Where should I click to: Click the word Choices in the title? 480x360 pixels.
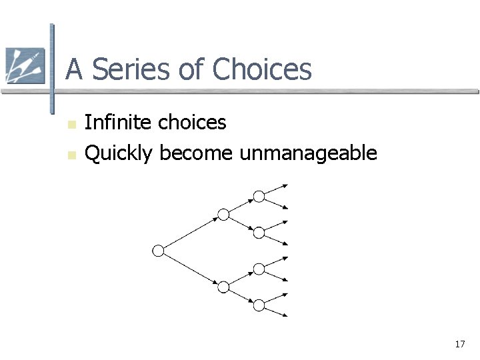(263, 69)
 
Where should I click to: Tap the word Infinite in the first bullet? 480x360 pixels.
(110, 123)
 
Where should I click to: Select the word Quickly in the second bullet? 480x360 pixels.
(120, 154)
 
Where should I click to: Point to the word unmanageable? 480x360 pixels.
(308, 154)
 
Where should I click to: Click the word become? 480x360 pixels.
(196, 154)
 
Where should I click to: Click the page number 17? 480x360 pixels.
(459, 344)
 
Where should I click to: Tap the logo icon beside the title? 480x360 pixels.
(25, 66)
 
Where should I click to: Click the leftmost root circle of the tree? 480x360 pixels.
(158, 251)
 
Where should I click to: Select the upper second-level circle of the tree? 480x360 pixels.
(224, 215)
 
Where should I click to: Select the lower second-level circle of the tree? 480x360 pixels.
(224, 287)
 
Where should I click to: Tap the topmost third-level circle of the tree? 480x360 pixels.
(259, 196)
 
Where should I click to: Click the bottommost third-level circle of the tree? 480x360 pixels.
(259, 305)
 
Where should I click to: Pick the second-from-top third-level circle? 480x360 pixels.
(259, 232)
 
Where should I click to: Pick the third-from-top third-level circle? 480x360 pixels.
(259, 269)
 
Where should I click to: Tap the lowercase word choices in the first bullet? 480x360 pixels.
(193, 123)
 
